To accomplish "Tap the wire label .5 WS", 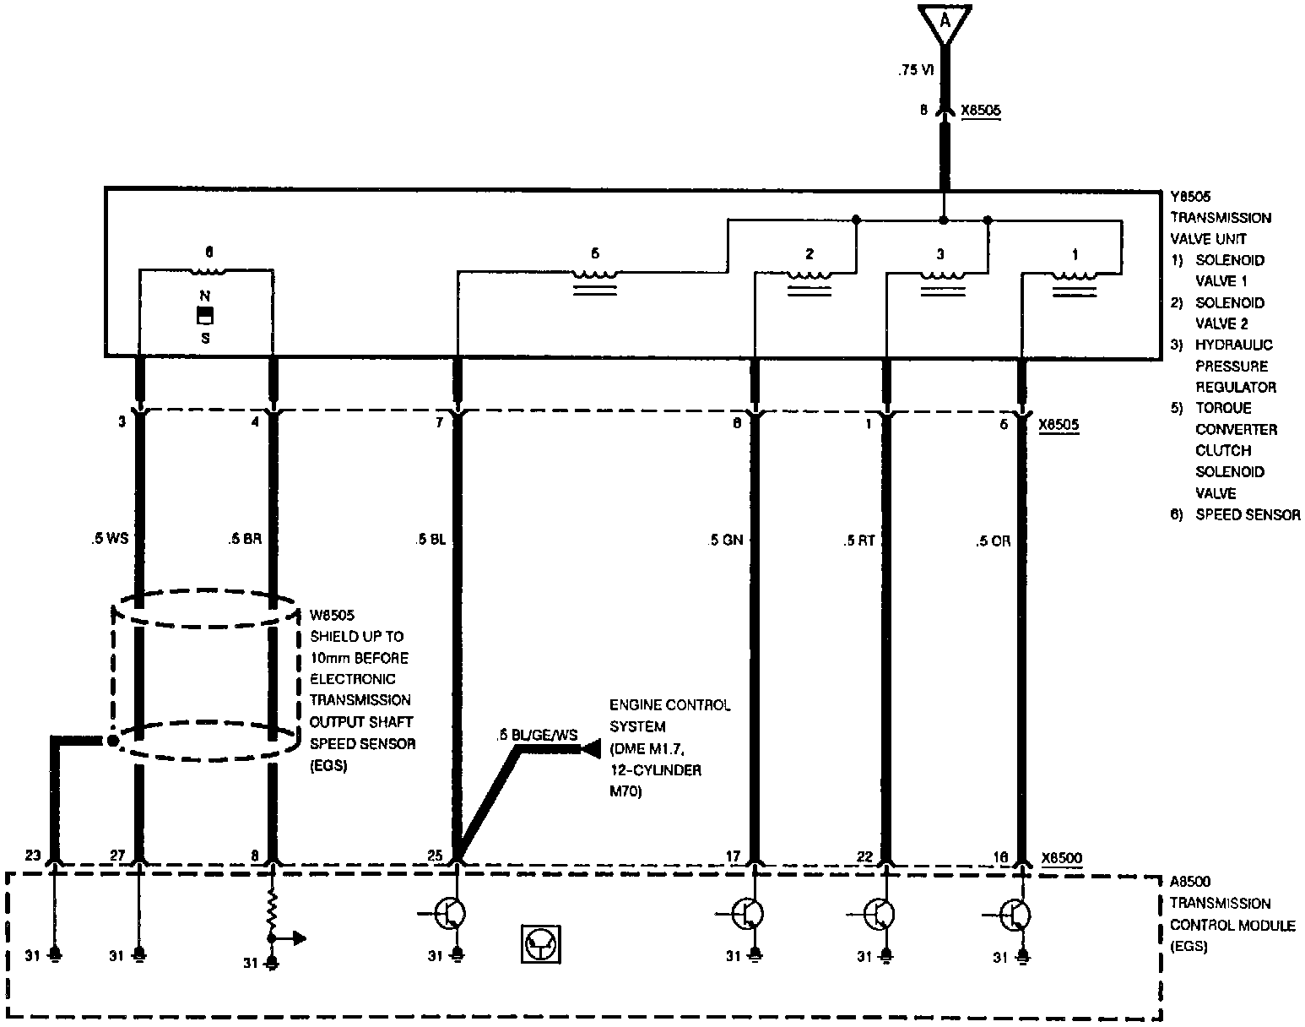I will (x=110, y=539).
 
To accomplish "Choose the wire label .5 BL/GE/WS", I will (x=538, y=734).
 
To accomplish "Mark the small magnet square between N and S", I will (x=204, y=317).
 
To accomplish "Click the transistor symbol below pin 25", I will (x=449, y=913).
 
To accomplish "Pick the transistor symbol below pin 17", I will (x=748, y=913).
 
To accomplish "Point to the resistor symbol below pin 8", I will (x=272, y=912).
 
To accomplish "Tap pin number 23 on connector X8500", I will (x=33, y=855).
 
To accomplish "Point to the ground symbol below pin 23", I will (x=56, y=956).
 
